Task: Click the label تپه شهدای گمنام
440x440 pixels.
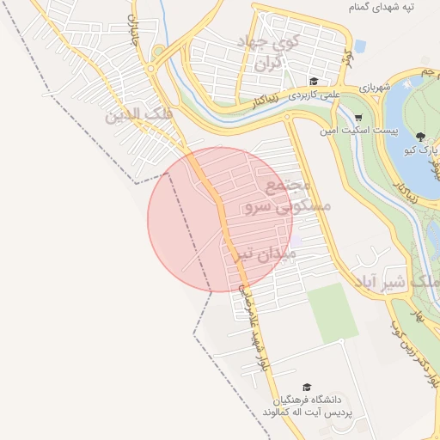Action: coord(391,7)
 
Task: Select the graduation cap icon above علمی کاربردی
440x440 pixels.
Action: coord(315,79)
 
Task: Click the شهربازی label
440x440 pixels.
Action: coord(376,86)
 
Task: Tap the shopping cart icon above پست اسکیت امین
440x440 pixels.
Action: coord(358,118)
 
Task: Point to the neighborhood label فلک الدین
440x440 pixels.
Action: coord(138,114)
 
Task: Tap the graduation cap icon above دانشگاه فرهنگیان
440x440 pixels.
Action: coord(307,388)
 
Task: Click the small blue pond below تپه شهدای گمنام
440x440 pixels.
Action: coord(359,46)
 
